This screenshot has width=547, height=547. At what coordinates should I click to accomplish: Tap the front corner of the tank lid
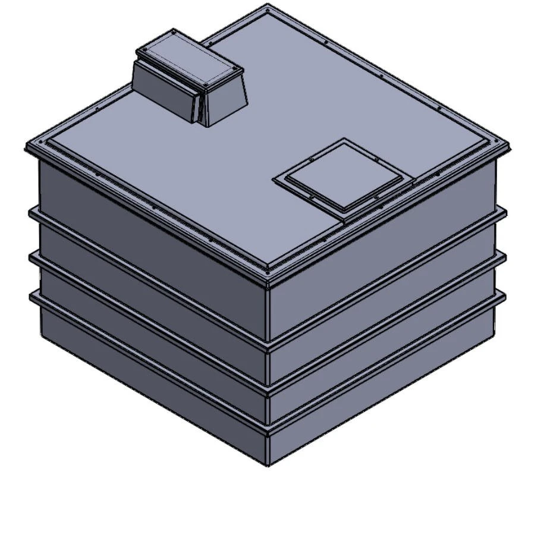[x=268, y=275]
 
